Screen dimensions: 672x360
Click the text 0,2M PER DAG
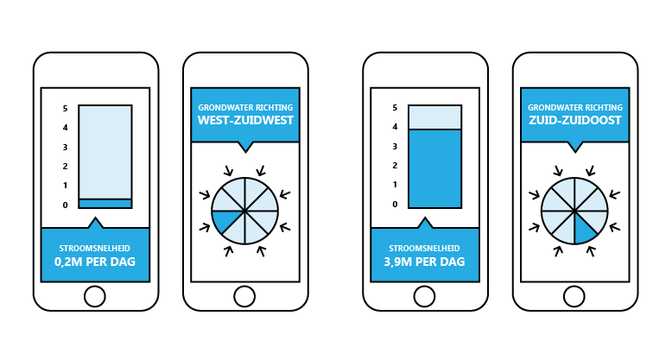coord(96,261)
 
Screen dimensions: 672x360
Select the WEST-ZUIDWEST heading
coord(245,120)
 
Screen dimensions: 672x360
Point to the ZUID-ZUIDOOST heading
coord(575,120)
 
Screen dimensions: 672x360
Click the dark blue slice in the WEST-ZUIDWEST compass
coord(226,219)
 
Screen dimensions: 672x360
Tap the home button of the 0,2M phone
coord(96,296)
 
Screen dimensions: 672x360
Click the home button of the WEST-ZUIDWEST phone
coord(245,296)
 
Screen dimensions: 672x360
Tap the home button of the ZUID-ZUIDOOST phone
coord(575,296)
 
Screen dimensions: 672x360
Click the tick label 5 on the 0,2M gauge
coord(65,109)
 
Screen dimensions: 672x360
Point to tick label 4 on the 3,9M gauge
coord(395,128)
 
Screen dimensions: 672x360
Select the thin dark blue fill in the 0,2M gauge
coord(105,204)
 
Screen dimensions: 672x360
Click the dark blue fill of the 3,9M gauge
coord(435,168)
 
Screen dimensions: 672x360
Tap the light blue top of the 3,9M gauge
coord(435,117)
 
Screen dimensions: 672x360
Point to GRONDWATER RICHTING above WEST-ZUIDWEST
coord(245,106)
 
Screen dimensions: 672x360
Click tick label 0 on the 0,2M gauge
coord(65,205)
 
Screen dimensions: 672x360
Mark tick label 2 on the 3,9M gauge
coord(395,166)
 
